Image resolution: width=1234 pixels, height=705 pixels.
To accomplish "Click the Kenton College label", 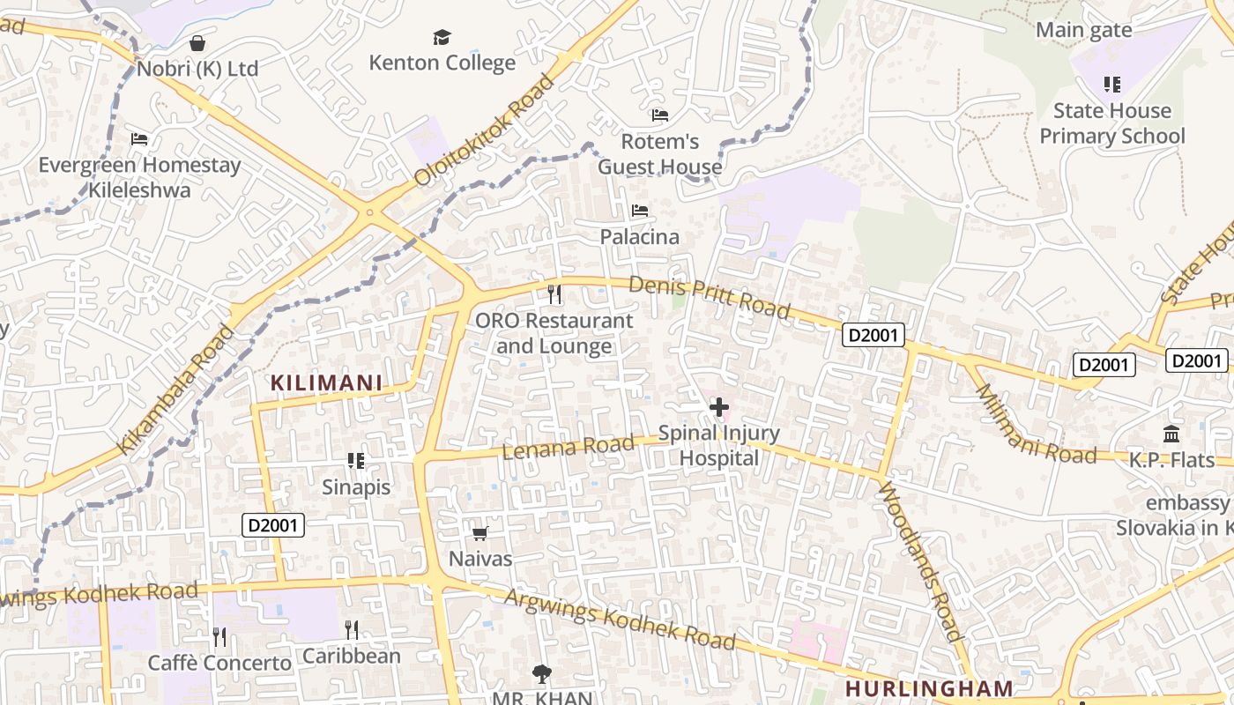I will click(x=442, y=63).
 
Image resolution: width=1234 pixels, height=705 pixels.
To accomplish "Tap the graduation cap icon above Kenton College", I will click(x=442, y=37).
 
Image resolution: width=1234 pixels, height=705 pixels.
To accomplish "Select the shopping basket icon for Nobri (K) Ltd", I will click(x=197, y=42).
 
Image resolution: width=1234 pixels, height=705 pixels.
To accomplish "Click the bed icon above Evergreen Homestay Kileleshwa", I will click(x=139, y=138).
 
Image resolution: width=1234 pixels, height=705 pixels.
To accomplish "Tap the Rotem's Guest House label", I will click(x=659, y=154).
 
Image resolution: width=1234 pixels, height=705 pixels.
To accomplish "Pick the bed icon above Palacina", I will click(x=640, y=211).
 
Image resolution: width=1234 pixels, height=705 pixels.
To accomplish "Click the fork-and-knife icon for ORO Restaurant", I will click(x=554, y=293).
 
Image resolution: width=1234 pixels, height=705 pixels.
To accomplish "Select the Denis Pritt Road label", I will click(x=710, y=297).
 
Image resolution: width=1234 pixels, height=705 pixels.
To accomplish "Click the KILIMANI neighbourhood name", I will click(x=326, y=382).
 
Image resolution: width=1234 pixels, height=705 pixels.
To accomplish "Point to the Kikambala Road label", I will click(x=176, y=389).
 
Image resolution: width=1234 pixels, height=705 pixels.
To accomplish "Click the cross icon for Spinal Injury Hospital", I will click(x=719, y=407).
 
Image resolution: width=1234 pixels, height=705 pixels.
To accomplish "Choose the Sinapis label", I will click(x=355, y=486).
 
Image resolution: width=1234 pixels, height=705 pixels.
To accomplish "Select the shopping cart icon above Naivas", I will click(x=480, y=533).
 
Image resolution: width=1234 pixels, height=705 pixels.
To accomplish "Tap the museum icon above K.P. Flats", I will click(x=1171, y=434).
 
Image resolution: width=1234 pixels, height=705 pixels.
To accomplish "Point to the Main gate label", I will click(x=1083, y=30).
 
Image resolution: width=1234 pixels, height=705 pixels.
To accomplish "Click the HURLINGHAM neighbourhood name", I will click(x=930, y=688).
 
